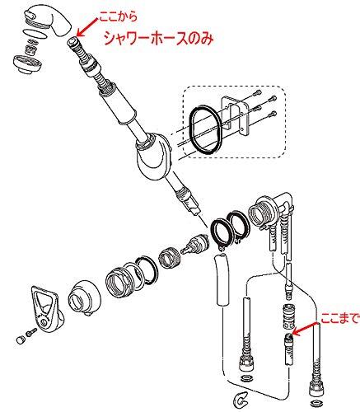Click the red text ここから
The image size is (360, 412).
coord(118,17)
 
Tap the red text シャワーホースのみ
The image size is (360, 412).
coord(159,39)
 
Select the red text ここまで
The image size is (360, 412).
coord(340,318)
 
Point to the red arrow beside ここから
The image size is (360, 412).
coord(87,27)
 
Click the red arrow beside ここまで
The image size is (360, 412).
coord(306,329)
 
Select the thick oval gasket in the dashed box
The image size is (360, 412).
coord(205,129)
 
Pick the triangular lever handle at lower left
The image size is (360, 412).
coord(46,307)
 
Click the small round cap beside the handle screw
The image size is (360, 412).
coord(20,339)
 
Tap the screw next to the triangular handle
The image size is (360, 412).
coord(31,331)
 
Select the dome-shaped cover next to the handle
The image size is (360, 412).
coord(83,297)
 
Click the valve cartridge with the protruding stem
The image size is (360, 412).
coord(194,244)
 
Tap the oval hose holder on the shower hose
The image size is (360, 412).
coord(152,157)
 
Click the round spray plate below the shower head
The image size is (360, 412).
coord(27,63)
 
